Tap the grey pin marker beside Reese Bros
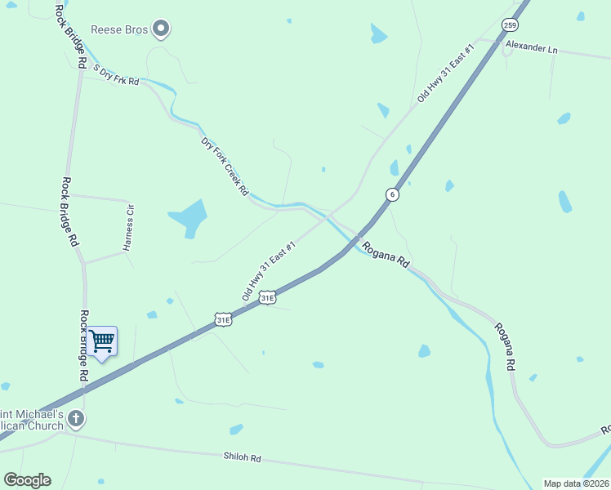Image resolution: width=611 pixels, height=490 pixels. click(161, 29)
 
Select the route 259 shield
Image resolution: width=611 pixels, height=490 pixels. click(510, 24)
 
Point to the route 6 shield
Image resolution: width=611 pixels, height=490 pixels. click(393, 194)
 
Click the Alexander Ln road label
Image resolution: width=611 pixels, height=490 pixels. click(531, 47)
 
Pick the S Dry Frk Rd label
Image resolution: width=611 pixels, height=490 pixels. click(116, 75)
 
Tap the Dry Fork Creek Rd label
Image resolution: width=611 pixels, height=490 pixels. click(225, 167)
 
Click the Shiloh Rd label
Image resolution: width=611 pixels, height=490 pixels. click(242, 458)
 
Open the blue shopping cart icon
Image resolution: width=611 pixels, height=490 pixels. click(103, 341)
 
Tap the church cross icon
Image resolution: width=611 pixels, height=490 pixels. click(76, 420)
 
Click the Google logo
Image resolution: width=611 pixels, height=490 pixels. click(27, 480)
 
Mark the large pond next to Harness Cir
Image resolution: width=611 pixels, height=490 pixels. click(189, 217)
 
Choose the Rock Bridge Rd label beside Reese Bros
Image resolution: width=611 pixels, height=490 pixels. click(70, 36)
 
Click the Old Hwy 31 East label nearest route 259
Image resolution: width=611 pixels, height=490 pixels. click(446, 73)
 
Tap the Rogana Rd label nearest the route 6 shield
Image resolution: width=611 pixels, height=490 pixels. click(386, 256)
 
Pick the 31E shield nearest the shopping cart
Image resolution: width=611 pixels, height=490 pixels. click(223, 320)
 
